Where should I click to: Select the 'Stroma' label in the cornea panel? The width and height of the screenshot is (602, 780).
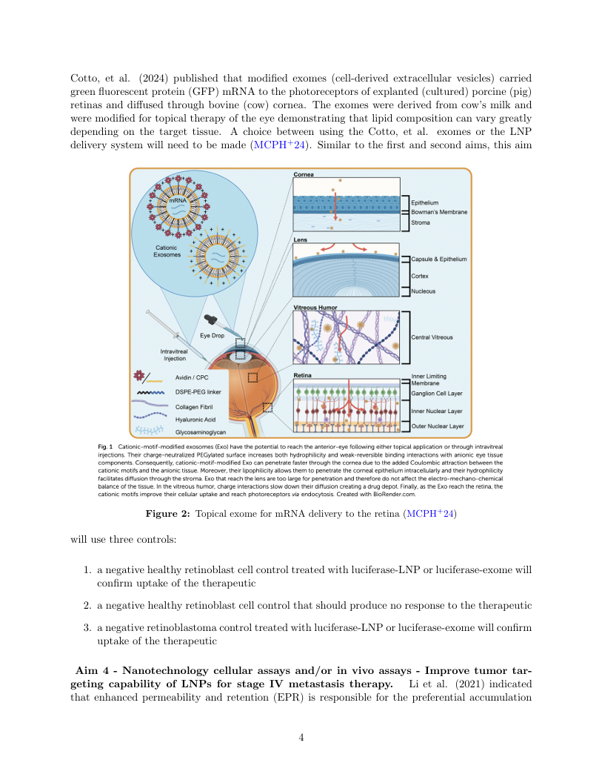pos(420,222)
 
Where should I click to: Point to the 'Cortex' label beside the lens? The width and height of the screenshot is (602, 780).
pos(420,275)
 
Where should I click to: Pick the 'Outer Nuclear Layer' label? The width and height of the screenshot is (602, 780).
pos(438,426)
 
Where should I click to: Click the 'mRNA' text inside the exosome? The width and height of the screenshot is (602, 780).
pos(177,201)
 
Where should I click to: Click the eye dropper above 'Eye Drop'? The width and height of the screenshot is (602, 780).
pos(213,320)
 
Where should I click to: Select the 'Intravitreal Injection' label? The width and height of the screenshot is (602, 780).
pos(175,354)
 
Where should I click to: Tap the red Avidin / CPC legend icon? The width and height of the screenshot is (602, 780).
pos(138,377)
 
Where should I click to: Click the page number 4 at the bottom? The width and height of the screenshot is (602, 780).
pos(301,737)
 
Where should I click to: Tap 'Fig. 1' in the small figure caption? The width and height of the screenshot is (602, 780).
pos(105,447)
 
